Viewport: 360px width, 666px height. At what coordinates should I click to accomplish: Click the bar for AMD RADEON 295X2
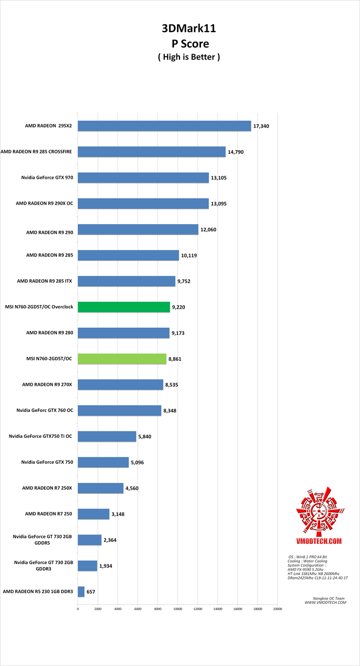[164, 126]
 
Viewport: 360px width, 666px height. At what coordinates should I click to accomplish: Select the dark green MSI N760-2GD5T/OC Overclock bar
[123, 307]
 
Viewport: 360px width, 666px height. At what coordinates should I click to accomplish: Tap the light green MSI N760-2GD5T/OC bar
[121, 359]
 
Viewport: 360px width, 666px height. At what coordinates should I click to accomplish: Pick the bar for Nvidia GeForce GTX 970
[143, 178]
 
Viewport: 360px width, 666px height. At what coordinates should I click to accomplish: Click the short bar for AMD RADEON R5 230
[81, 592]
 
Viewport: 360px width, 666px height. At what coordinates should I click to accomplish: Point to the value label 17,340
[261, 126]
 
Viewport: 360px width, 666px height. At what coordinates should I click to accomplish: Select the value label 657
[90, 592]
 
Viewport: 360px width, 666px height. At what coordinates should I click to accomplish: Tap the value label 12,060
[208, 230]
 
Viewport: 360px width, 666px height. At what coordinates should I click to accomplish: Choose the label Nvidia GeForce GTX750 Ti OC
[40, 436]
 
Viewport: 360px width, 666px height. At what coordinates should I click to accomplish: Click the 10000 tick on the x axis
[177, 609]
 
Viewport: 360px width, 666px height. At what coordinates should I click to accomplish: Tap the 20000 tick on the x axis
[277, 609]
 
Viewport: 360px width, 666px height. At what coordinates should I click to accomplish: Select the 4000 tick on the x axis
[117, 609]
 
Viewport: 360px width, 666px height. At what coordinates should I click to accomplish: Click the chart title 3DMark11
[189, 30]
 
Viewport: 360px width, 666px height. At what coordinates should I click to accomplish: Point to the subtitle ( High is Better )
[189, 57]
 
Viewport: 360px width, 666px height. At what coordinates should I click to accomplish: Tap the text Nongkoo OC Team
[325, 598]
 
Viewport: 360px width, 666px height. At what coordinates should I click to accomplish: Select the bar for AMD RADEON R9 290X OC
[143, 204]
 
